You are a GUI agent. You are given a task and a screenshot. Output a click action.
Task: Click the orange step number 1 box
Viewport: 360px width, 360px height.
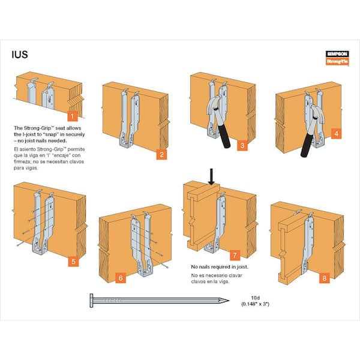pos(72,116)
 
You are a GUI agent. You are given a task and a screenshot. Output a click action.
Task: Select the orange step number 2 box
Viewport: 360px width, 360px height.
pos(161,155)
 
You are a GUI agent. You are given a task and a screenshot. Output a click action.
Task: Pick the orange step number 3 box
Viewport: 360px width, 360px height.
pos(241,145)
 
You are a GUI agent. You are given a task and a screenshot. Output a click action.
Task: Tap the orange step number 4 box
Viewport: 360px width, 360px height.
pos(336,133)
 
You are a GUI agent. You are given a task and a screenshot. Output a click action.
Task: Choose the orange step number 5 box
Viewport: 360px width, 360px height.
pos(73,261)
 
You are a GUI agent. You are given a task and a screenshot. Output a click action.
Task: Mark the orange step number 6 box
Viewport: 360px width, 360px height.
pos(121,278)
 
